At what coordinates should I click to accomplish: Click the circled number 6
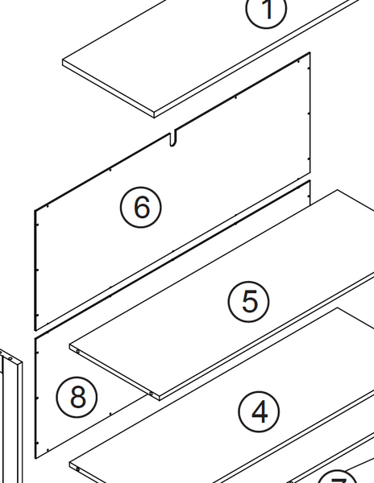(141, 207)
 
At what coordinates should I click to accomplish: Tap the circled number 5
(249, 301)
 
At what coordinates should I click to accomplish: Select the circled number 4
(260, 411)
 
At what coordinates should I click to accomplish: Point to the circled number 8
(77, 397)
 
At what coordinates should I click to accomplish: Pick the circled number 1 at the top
(267, 11)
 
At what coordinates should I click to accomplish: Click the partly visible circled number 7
(339, 477)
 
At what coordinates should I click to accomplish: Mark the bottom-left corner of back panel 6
(35, 329)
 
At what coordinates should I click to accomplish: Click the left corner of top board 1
(64, 62)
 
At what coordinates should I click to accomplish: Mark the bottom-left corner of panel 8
(37, 457)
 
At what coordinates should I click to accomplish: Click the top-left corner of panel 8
(36, 337)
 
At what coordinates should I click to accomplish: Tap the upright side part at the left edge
(14, 419)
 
